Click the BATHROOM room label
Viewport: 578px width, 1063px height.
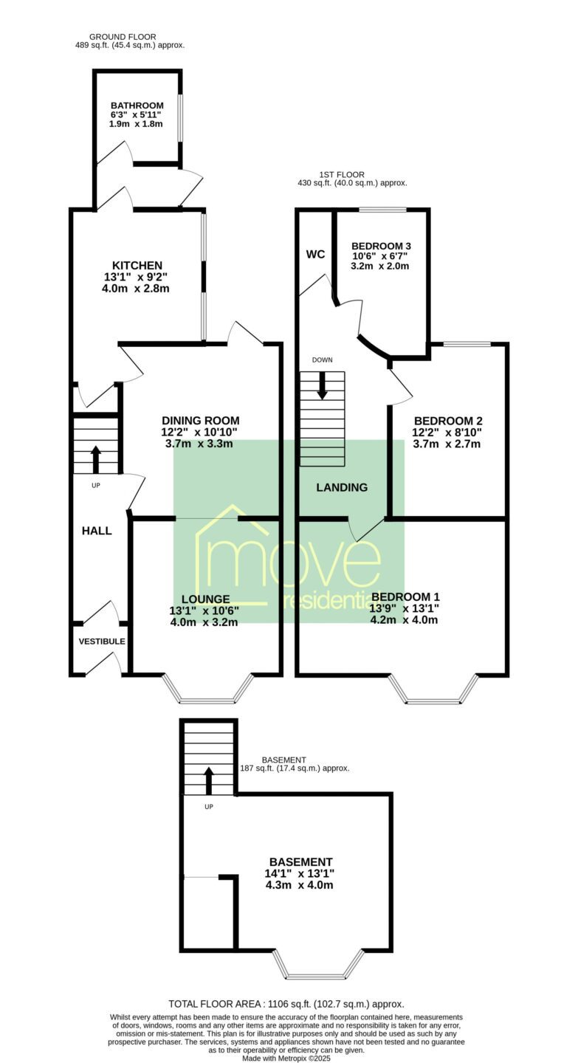(137, 106)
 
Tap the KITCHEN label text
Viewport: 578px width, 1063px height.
(137, 265)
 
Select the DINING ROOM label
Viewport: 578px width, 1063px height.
(200, 421)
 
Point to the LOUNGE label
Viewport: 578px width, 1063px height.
(205, 599)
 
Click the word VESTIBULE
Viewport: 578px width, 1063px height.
(102, 641)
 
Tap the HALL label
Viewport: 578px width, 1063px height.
(97, 531)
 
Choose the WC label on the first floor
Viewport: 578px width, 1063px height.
(316, 255)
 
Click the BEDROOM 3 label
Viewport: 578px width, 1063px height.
(381, 246)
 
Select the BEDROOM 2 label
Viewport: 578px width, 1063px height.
(449, 421)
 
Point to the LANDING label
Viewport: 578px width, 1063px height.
(343, 487)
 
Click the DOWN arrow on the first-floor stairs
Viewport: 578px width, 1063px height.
(322, 385)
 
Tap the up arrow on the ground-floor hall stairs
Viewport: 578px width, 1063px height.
(96, 459)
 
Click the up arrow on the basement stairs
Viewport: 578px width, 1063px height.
(208, 781)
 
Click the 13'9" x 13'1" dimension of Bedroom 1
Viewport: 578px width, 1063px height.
(405, 608)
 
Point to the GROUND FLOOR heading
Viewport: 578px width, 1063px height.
(123, 37)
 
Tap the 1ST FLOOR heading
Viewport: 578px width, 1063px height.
(343, 175)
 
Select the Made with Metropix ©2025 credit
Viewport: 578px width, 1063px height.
(286, 1059)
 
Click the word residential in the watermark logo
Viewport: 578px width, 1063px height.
(331, 602)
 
